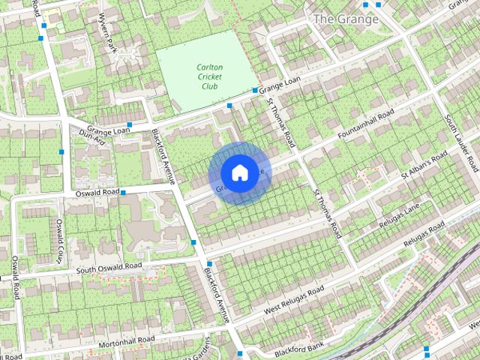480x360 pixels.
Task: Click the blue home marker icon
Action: (238, 173)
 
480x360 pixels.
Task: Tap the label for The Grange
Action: (346, 19)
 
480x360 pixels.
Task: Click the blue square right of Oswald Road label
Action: (123, 193)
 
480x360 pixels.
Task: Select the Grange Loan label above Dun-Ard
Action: (108, 129)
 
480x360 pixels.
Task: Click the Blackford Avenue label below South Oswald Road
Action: (217, 295)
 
